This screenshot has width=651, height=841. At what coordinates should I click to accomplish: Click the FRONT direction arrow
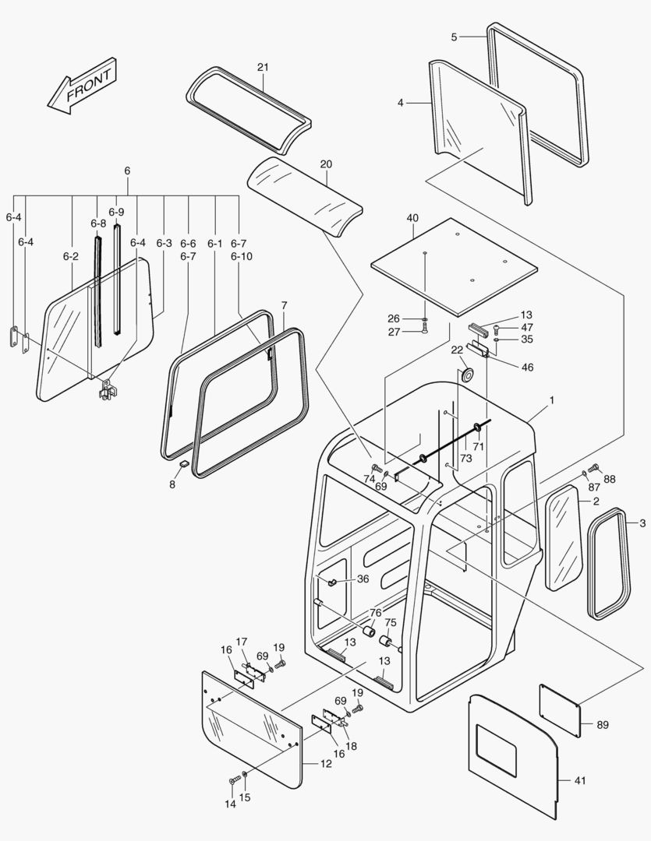coord(82,86)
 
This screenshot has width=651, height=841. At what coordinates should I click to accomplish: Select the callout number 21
coord(263,67)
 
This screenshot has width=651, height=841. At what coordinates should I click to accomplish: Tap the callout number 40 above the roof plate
coord(412,218)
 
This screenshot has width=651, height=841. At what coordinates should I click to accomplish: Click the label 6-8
coord(97,223)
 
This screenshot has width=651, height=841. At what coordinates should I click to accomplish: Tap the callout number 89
coord(603,725)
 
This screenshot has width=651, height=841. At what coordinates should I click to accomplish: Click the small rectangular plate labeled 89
coord(559,709)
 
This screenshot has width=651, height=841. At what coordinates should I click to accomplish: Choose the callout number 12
coord(326,763)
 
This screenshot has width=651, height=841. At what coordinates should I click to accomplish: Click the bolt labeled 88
coord(592,469)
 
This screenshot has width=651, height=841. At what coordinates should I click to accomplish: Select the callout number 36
coord(363,579)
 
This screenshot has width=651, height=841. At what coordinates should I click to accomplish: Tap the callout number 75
coord(391,622)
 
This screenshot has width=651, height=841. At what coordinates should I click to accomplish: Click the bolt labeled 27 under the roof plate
coord(424,332)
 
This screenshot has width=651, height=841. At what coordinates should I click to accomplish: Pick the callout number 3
coord(642,523)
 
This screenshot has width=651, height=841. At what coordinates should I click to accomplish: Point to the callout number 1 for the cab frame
coord(551,399)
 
